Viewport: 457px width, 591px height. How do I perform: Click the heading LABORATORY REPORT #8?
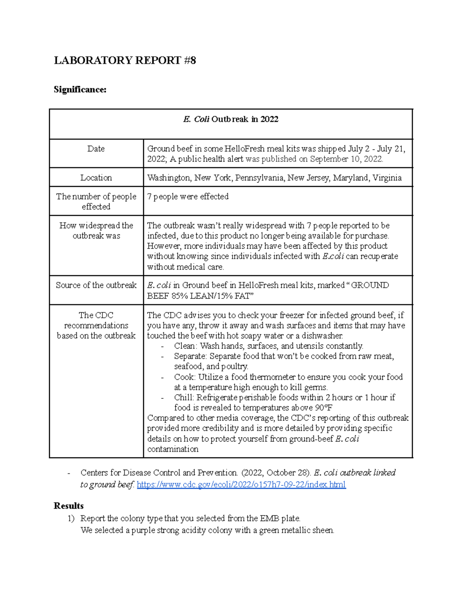pos(125,61)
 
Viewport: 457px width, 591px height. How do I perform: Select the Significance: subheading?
pos(80,89)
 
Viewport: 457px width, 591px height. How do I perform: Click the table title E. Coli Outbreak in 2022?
pos(231,119)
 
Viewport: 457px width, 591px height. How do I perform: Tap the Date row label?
pos(96,149)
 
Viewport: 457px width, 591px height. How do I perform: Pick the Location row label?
pos(96,178)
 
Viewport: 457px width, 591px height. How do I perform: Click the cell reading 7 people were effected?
pos(188,197)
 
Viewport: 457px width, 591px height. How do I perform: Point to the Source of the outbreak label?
pos(96,285)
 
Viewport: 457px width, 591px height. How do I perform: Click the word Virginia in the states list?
pos(387,178)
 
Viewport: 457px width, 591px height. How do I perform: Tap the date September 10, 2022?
pos(346,159)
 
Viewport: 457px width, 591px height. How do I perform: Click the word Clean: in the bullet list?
pos(185,346)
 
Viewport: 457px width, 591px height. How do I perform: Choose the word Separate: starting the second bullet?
pos(190,356)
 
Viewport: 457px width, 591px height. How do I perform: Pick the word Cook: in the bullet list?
pos(185,377)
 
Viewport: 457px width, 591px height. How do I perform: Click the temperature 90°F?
pos(324,408)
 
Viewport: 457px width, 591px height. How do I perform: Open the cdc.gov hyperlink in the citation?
pos(241,484)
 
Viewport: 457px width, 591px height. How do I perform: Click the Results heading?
pos(69,506)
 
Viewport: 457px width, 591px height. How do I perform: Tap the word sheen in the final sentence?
pos(323,530)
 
